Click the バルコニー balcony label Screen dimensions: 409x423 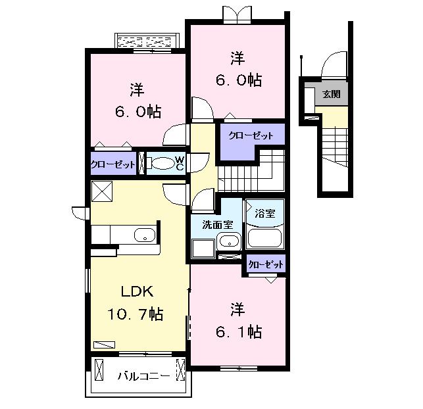pos(144,376)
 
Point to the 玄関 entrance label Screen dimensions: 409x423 pos(331,95)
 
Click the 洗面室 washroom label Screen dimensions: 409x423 pos(216,224)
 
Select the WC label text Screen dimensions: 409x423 pos(178,163)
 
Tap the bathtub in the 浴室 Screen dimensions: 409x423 pos(264,237)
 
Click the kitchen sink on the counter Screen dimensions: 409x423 pos(144,235)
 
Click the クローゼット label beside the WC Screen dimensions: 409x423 pos(113,164)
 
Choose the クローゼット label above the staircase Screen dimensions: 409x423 pos(251,136)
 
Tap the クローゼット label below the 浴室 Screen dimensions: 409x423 pos(266,264)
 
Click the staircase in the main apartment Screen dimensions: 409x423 pos(250,172)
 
